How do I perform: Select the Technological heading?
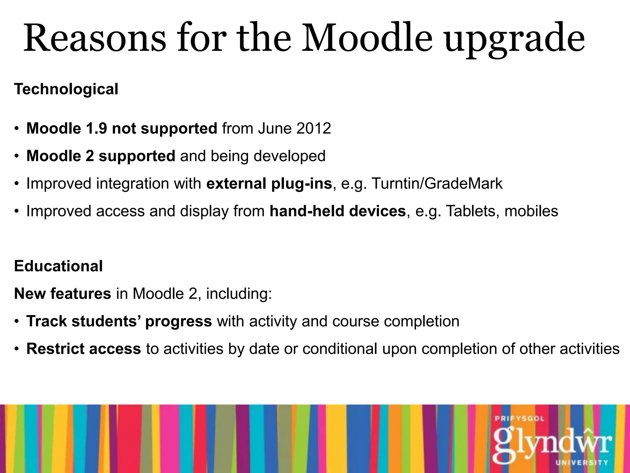coord(66,89)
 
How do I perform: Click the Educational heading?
coord(58,266)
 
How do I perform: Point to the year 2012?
coord(313,128)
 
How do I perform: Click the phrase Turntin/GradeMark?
coord(437,184)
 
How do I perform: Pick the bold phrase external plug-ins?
coord(269,184)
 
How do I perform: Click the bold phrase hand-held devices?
coord(337,211)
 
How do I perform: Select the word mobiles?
coord(531,211)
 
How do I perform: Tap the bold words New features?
coord(62,294)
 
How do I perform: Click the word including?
coord(239,294)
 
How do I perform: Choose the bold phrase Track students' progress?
coord(119,321)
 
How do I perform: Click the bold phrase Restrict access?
coord(84,349)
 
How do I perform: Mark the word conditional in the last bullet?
coord(340,349)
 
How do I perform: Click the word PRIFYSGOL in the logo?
coord(519,419)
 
